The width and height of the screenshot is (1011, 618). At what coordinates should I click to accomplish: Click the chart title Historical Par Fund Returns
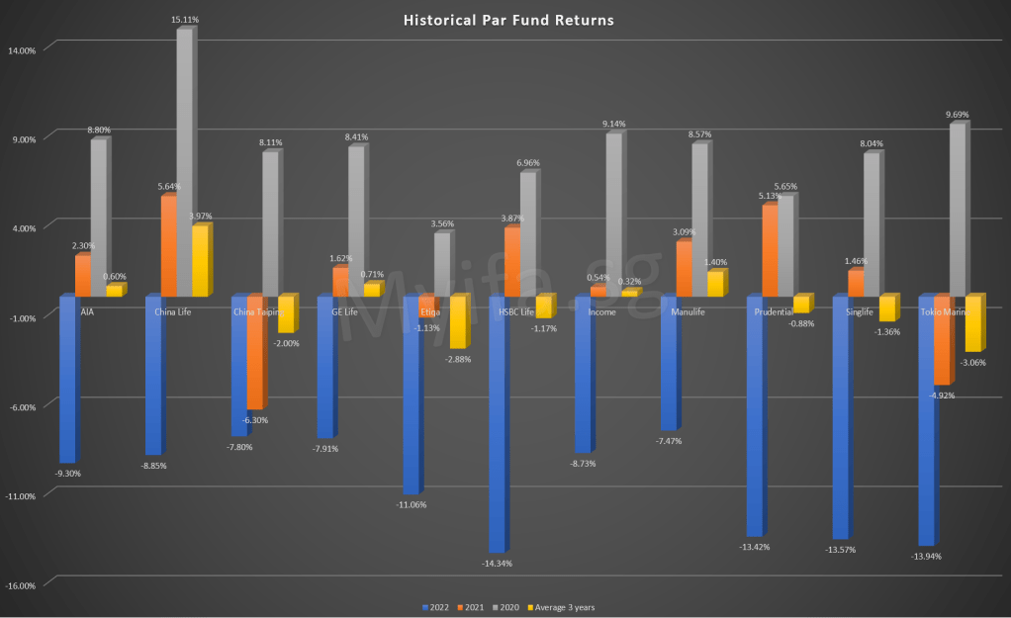coord(505,20)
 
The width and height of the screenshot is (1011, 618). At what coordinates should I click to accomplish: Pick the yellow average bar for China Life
coord(200,261)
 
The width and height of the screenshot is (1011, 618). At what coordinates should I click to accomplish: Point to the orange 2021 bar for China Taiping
coord(254,352)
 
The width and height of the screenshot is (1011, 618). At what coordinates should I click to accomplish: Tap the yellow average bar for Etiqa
coord(457,321)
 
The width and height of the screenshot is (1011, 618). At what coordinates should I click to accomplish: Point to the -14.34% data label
coord(497,564)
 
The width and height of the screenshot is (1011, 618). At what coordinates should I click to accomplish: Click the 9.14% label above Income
coord(613,124)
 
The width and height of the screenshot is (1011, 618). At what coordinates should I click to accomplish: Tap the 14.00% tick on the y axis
coord(23,50)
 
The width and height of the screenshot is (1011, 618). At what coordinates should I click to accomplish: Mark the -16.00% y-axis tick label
coord(22,585)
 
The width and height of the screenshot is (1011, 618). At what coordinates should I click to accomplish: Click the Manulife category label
coord(688,312)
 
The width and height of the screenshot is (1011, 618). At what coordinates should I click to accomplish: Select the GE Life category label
coord(344,312)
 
